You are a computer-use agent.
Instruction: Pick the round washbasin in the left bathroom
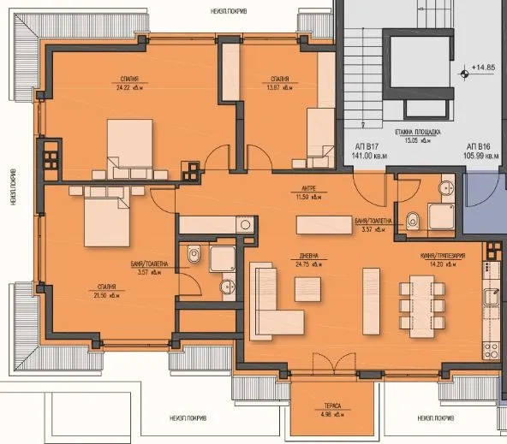(x=228, y=286)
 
